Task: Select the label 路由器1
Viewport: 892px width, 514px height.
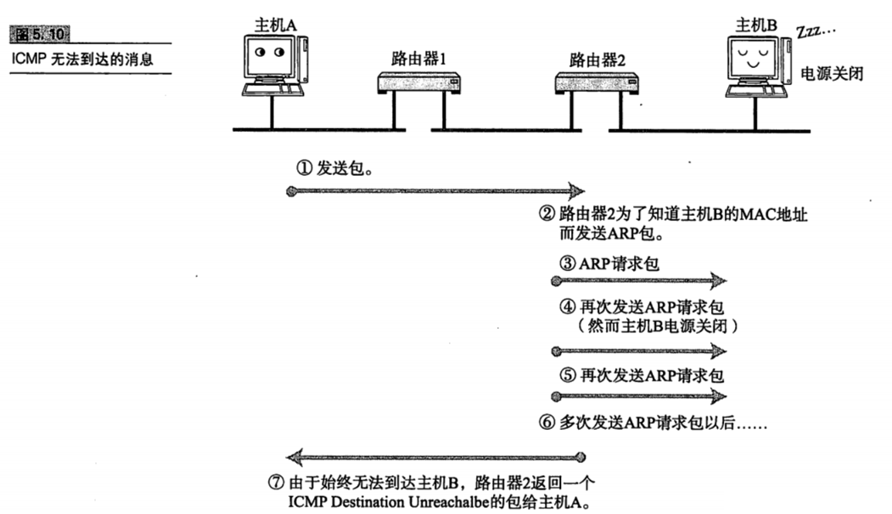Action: (x=418, y=60)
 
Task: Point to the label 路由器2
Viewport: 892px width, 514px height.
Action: (x=597, y=60)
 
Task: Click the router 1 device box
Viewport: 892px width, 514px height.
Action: (x=418, y=82)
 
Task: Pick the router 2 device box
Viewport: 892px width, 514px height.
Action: (x=597, y=82)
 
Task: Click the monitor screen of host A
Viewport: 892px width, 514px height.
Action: (x=269, y=54)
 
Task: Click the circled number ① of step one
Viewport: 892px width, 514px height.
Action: (x=303, y=168)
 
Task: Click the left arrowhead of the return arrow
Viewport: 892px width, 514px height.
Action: (x=293, y=456)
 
